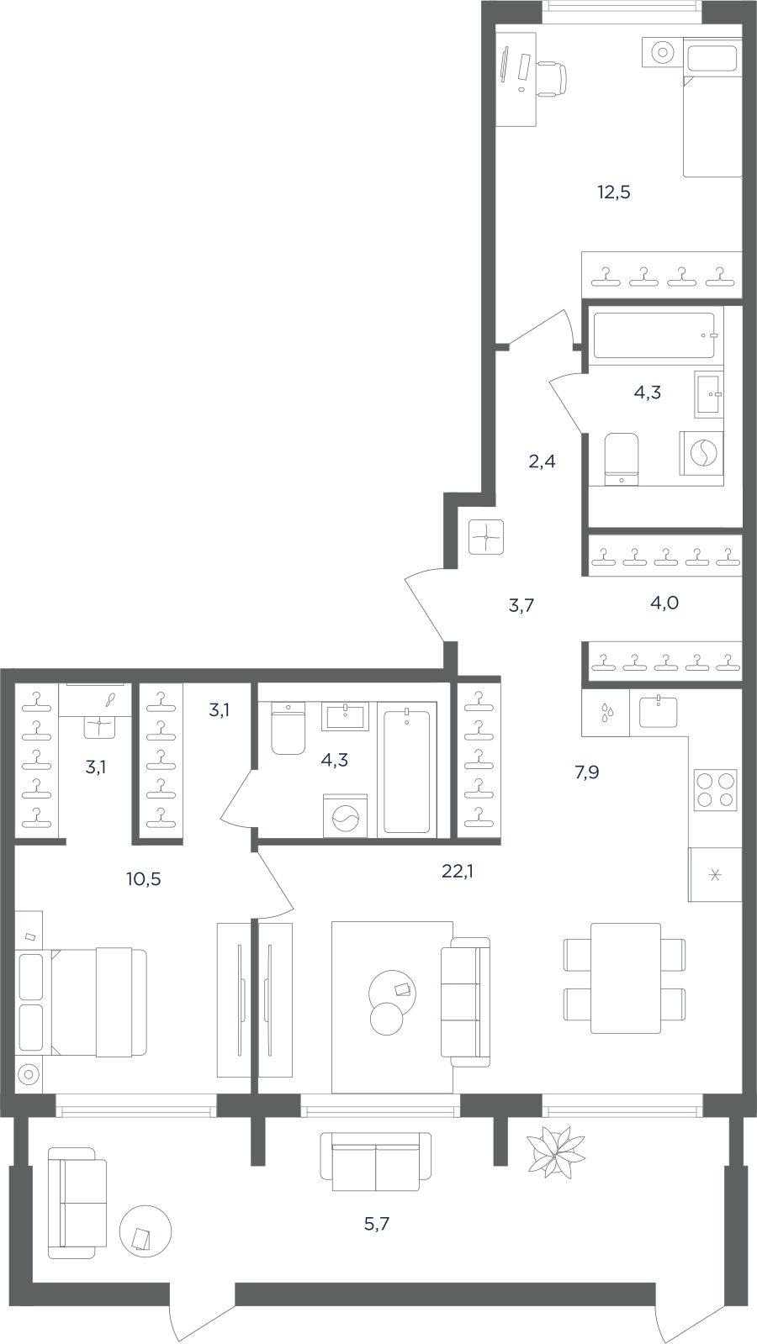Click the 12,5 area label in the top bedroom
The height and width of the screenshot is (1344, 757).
coord(613,192)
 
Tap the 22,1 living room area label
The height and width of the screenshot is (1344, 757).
coord(458,872)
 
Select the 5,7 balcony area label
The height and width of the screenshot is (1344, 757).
coord(377,1224)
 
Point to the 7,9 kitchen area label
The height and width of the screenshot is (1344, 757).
coord(586,772)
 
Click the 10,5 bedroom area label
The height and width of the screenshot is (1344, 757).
coord(144,879)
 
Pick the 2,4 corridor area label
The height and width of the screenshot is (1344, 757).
coord(542,461)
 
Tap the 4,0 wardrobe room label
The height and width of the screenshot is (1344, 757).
coord(664,603)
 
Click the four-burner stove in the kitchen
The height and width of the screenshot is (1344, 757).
coord(715,790)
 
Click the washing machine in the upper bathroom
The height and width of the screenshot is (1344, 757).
coord(701,453)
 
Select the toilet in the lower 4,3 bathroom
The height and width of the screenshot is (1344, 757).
coord(289,728)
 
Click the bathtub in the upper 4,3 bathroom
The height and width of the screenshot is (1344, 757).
coord(654,335)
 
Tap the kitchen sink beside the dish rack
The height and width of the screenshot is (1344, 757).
coord(658,712)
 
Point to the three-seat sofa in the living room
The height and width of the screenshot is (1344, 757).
coord(465,1002)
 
